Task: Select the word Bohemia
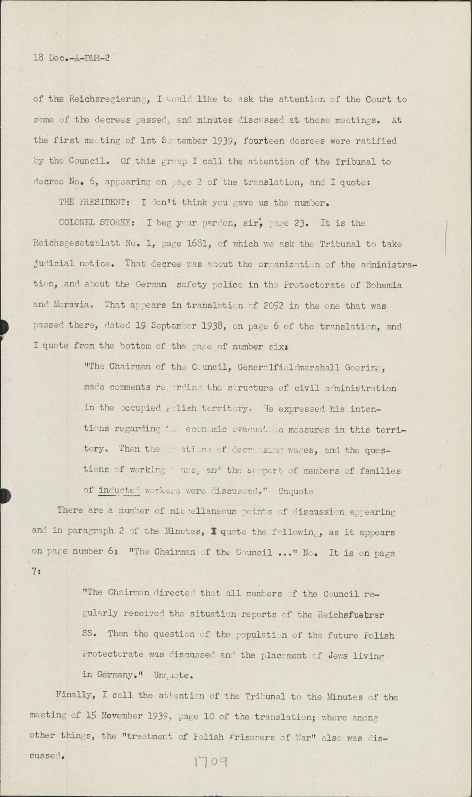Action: pyautogui.click(x=382, y=285)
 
